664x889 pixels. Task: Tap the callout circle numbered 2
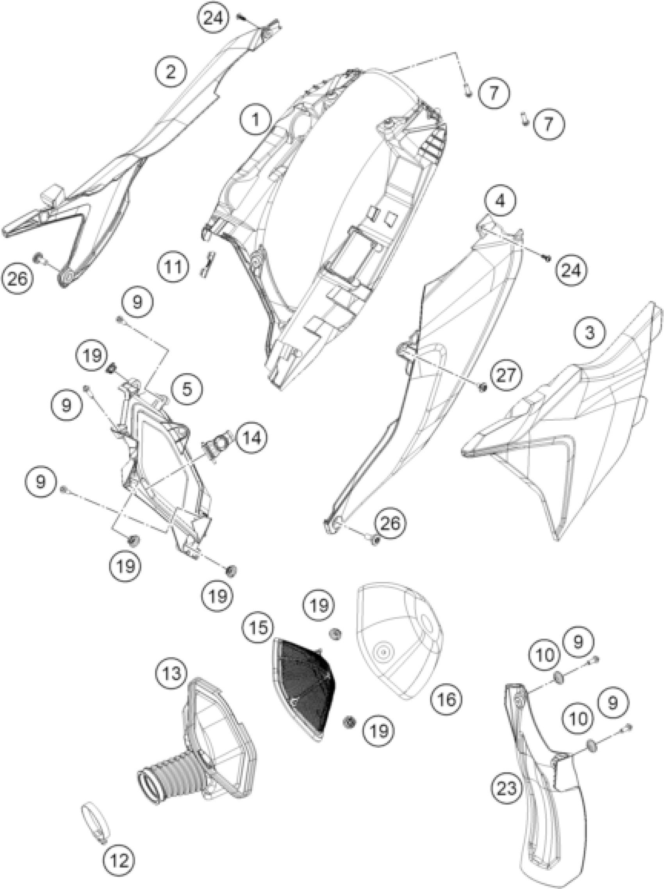point(171,72)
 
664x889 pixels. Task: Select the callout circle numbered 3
point(590,333)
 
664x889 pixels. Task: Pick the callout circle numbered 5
point(187,389)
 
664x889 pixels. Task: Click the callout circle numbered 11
point(173,267)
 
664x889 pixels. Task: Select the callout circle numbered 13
point(172,674)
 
